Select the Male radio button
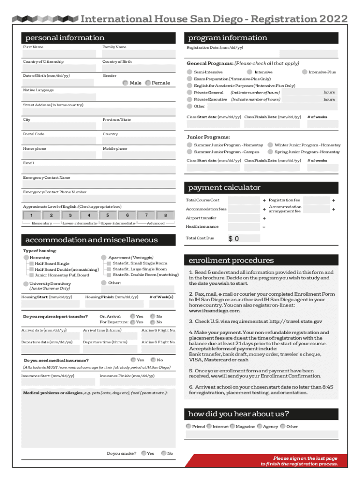[x=125, y=83]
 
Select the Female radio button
[x=148, y=83]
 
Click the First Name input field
[x=59, y=54]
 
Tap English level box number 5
[x=108, y=215]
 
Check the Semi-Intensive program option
[x=189, y=72]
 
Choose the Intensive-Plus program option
[x=304, y=72]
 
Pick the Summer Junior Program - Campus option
[x=189, y=152]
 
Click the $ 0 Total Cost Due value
[x=234, y=239]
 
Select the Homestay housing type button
[x=26, y=258]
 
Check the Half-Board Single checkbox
[x=31, y=264]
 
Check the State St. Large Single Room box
[x=109, y=269]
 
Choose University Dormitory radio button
[x=26, y=284]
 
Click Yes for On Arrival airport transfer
[x=133, y=316]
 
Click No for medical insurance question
[x=153, y=360]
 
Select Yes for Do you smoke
[x=144, y=453]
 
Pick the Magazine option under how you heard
[x=232, y=427]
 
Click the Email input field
[x=99, y=170]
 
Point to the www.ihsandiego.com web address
[x=215, y=311]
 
